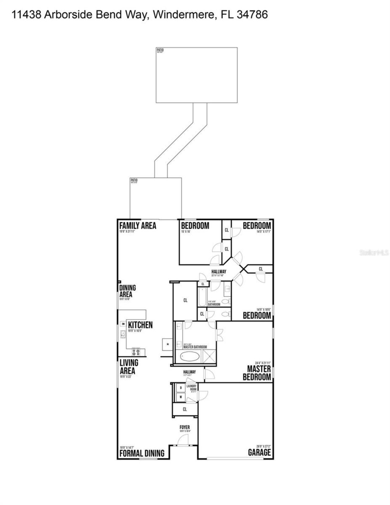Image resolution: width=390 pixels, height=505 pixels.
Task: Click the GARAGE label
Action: tap(259, 452)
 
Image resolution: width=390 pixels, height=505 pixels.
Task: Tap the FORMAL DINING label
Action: tap(142, 453)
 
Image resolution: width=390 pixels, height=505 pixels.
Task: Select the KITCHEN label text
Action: tap(140, 325)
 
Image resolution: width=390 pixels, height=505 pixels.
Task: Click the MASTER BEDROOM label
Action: tap(257, 373)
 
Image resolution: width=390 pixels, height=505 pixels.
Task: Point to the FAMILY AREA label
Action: tap(137, 226)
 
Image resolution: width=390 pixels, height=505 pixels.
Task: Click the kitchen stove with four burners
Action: tap(136, 352)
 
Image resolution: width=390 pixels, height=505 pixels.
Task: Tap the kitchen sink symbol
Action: tap(123, 334)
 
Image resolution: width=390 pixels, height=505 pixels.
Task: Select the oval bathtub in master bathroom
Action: tap(190, 356)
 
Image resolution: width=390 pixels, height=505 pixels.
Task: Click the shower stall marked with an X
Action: tap(209, 356)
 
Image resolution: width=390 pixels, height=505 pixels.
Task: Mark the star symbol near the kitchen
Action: tap(167, 344)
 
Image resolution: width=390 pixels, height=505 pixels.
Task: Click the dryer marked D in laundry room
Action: tap(181, 388)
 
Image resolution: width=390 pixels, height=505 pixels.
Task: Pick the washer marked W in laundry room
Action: tap(181, 397)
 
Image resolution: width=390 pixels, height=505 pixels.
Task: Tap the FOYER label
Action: tap(185, 427)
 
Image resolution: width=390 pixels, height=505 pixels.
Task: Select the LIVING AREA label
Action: tap(129, 367)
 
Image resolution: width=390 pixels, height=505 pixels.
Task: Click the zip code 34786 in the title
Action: tap(252, 15)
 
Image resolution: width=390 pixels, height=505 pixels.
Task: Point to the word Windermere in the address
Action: tap(183, 15)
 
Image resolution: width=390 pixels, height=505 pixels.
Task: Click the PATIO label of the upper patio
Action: tap(160, 50)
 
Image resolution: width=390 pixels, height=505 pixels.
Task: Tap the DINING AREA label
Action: tap(127, 291)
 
